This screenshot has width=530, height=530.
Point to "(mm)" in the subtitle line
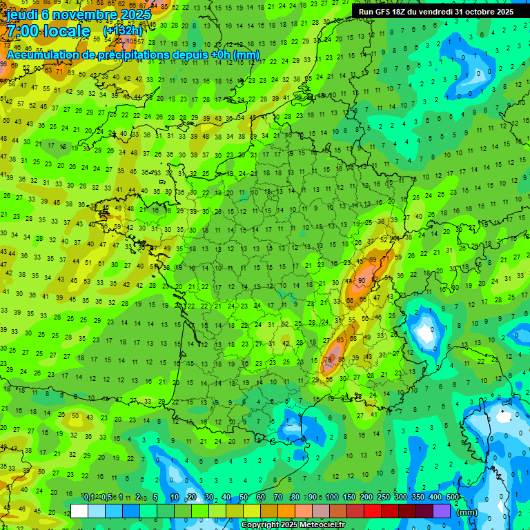[246, 55]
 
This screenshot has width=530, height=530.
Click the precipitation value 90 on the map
[362, 279]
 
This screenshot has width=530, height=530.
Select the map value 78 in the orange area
[329, 360]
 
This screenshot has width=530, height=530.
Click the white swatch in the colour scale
[79, 511]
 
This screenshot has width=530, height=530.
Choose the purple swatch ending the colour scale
[442, 511]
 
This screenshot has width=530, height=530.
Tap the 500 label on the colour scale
[453, 498]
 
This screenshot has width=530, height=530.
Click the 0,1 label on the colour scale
[89, 498]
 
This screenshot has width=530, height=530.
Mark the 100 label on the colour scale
[332, 498]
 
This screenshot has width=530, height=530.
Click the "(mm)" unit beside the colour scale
[467, 512]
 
